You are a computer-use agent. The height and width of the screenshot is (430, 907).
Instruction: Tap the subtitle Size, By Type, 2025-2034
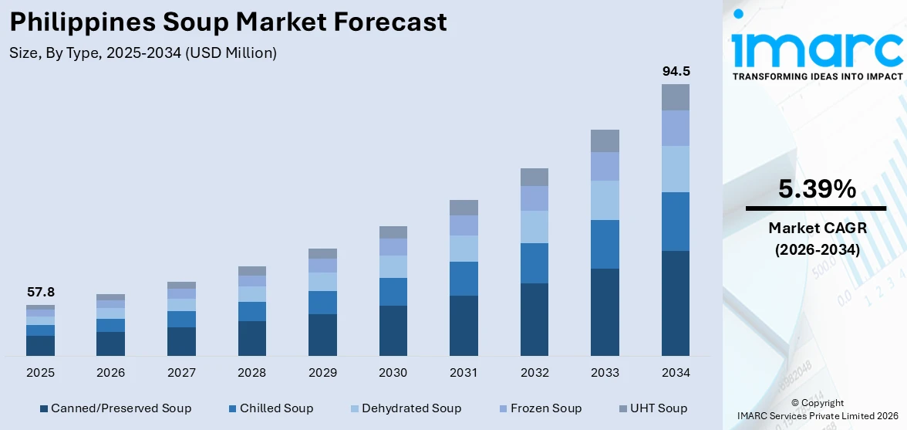click(x=143, y=53)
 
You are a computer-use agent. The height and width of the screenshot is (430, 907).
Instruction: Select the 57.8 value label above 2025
click(x=40, y=293)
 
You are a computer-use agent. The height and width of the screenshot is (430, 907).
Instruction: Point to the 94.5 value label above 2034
click(x=676, y=71)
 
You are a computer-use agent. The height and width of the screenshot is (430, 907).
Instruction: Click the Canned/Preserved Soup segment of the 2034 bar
click(x=676, y=303)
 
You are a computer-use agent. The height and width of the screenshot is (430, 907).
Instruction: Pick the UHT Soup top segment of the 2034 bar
click(x=676, y=97)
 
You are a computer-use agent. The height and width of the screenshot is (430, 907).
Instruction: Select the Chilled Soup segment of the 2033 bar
click(x=605, y=244)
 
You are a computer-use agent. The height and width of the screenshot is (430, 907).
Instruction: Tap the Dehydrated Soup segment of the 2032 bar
click(x=534, y=227)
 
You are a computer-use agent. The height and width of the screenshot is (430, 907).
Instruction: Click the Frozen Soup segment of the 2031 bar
click(x=464, y=225)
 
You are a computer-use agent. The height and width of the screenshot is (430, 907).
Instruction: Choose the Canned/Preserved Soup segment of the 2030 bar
click(x=393, y=330)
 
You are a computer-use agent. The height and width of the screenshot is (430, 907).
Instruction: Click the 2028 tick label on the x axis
click(x=252, y=373)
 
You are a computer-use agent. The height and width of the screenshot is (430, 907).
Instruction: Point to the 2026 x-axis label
click(x=111, y=373)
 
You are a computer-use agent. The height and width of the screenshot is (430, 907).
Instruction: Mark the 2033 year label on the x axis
click(x=605, y=373)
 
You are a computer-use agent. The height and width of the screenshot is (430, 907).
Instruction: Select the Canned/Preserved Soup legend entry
click(x=115, y=408)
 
